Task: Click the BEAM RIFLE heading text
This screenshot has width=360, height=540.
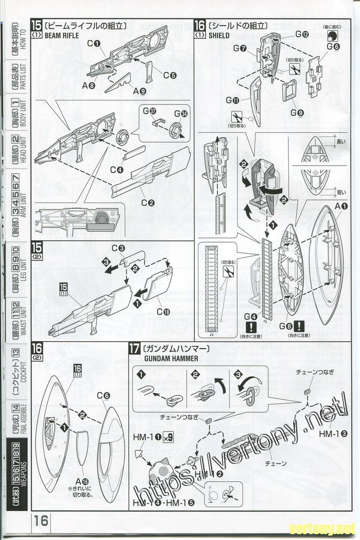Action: pos(62,35)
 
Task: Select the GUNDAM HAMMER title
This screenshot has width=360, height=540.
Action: pos(161,359)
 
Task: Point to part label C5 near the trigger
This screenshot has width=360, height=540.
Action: pos(169,76)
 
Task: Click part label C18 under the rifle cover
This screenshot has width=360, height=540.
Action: pos(163,311)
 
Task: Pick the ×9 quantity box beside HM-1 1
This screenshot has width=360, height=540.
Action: pos(167,436)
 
